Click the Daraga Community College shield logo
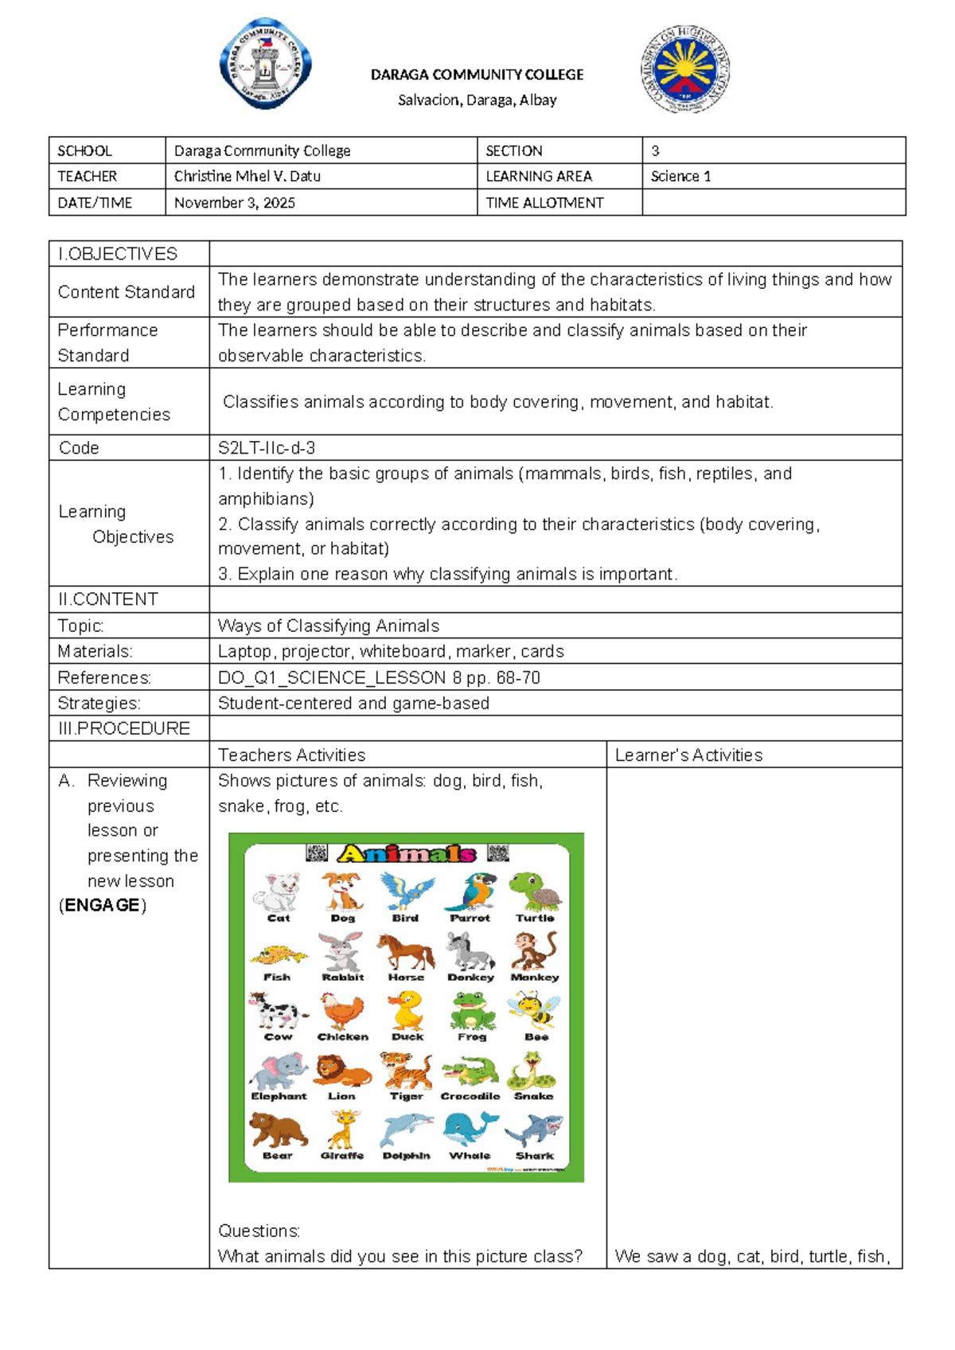265,64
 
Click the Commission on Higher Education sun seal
684,68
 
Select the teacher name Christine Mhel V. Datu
248,176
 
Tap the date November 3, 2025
235,202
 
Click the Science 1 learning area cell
680,176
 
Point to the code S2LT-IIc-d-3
267,447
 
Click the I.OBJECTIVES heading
118,254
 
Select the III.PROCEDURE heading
124,728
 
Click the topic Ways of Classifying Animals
329,626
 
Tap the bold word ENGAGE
103,905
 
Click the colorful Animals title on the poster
407,854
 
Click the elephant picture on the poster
278,1071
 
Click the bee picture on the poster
536,1010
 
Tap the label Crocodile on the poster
470,1096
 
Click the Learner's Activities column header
688,755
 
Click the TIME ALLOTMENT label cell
544,202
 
